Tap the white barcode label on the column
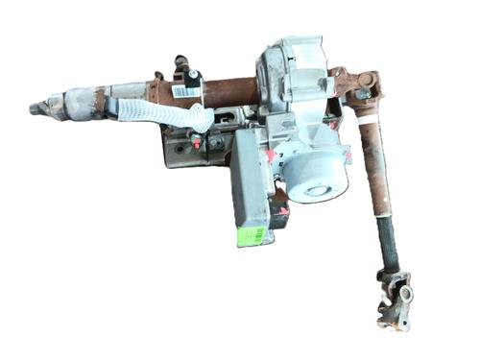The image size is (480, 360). click(x=184, y=91)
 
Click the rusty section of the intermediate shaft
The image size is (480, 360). click(x=373, y=163)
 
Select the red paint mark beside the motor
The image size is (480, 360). click(x=272, y=154)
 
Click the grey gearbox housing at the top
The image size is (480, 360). click(x=293, y=72)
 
